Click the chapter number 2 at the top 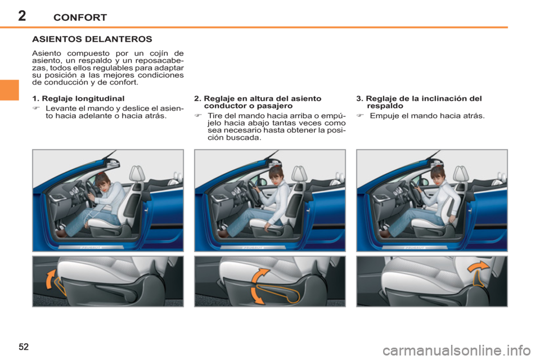coord(22,16)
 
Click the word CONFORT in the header coord(80,17)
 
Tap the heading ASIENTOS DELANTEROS coord(92,39)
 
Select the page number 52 coord(24,346)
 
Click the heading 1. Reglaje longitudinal coord(78,98)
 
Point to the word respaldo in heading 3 coord(385,106)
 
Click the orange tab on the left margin coord(10,90)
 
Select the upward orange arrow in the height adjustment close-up coord(260,275)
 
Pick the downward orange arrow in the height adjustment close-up coord(256,296)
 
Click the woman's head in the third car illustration coord(438,173)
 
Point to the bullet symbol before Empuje coord(360,116)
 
